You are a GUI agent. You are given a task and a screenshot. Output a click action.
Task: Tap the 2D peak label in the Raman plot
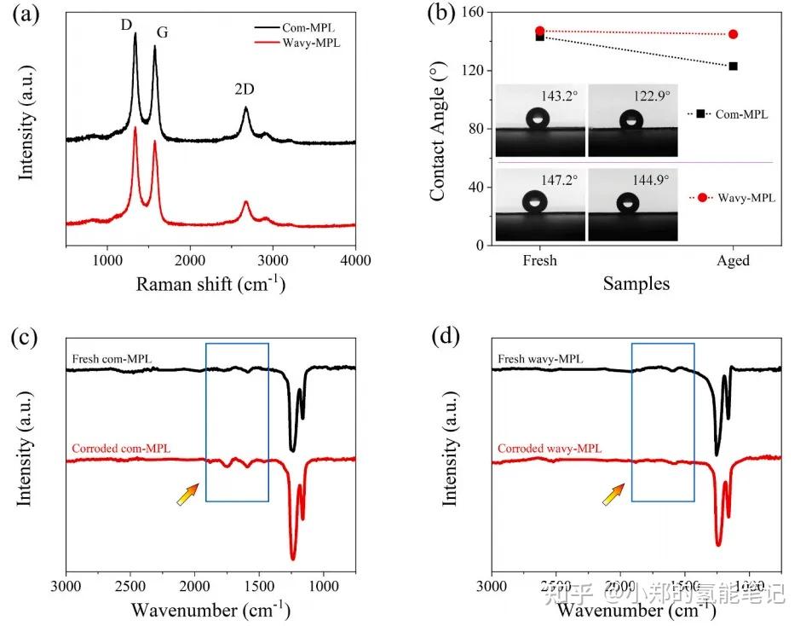tap(245, 89)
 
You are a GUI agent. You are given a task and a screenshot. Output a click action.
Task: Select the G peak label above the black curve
tap(161, 33)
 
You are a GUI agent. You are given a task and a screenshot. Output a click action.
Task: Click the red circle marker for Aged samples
tap(734, 34)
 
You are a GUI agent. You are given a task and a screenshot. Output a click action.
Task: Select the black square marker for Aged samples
tap(734, 66)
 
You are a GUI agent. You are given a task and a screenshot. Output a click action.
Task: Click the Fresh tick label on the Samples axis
tap(539, 260)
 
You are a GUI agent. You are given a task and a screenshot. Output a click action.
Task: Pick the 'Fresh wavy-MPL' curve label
tap(541, 359)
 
